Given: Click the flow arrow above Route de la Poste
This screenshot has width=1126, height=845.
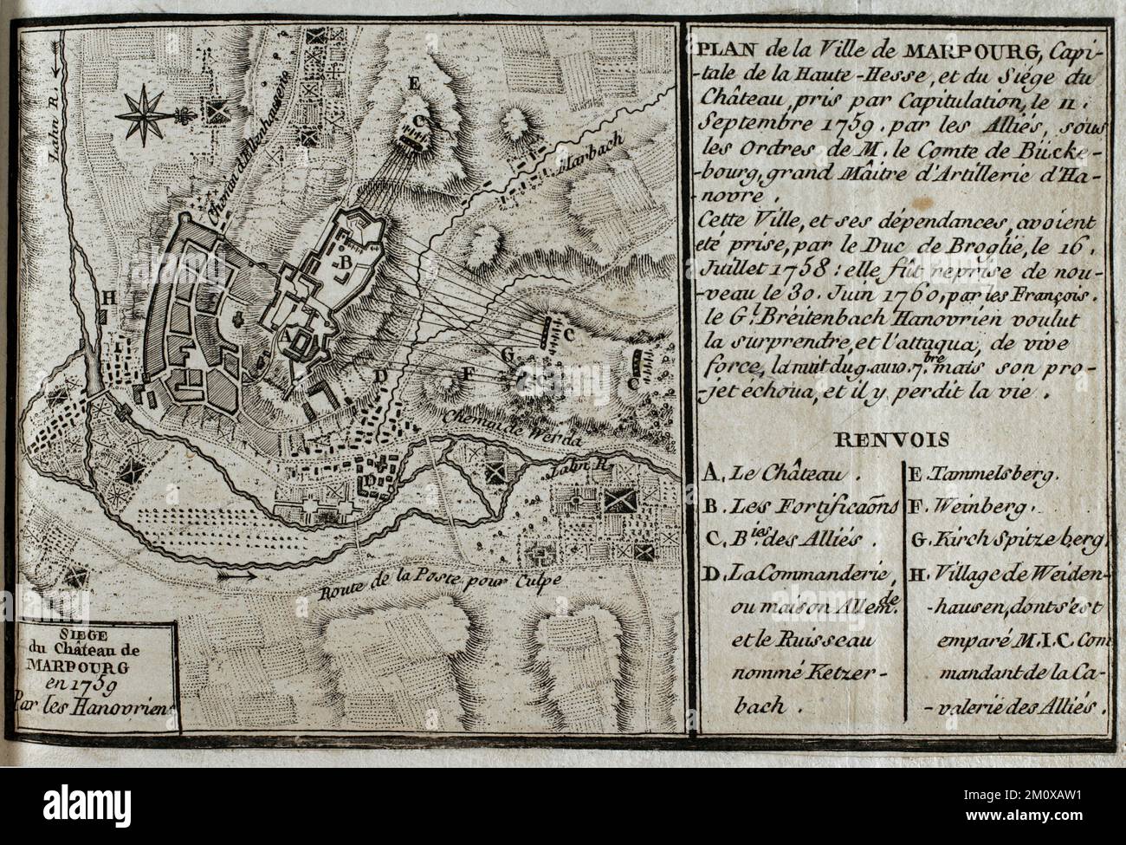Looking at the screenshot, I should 233,573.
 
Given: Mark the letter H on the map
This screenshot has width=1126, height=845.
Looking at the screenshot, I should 108,297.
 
